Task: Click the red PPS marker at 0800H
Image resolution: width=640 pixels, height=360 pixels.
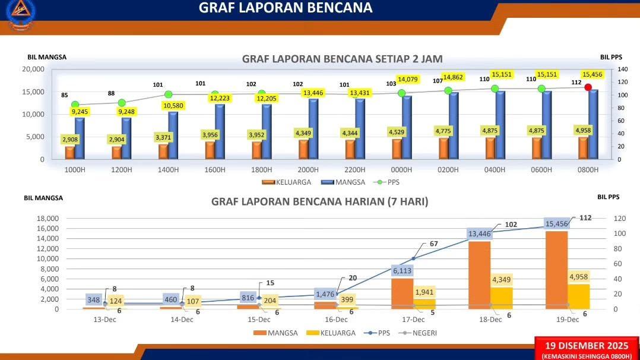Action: [588, 87]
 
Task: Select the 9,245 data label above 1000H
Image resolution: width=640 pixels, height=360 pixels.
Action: [80, 112]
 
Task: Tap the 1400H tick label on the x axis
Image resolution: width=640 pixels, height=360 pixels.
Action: [168, 169]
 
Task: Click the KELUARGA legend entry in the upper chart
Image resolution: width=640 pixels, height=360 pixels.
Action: [286, 182]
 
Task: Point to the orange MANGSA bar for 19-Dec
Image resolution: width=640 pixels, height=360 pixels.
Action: [556, 270]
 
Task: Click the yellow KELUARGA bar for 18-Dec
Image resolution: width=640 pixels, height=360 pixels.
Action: [501, 298]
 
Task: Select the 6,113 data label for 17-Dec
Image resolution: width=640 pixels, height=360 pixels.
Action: [403, 270]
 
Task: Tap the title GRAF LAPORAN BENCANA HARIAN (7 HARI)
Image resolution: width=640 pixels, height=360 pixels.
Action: [319, 201]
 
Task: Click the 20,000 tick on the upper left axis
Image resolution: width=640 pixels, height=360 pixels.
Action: [33, 69]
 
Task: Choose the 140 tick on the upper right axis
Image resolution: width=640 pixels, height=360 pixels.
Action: [622, 69]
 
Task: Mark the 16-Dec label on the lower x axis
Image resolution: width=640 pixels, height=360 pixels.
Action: [336, 320]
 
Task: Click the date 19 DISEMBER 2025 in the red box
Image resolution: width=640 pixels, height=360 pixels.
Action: [587, 346]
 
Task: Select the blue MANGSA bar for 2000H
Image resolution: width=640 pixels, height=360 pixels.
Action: [313, 129]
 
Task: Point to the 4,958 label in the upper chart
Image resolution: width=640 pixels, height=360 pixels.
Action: [583, 130]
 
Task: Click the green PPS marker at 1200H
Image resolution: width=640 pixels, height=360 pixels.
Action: [122, 103]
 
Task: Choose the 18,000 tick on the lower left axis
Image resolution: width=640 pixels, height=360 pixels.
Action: [47, 218]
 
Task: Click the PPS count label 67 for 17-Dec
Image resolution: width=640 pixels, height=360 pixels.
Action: [433, 244]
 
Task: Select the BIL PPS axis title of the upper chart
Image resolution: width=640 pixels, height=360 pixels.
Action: [611, 57]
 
